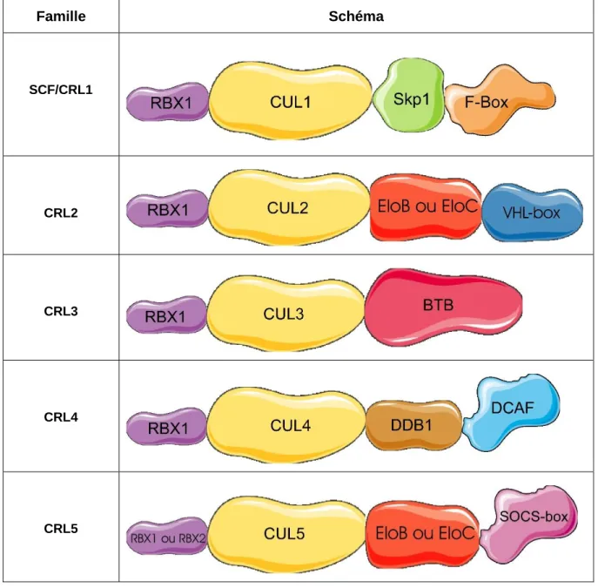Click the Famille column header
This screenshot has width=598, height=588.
click(x=61, y=17)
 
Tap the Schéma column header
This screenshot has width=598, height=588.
click(x=356, y=17)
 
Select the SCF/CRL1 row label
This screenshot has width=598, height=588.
click(x=61, y=90)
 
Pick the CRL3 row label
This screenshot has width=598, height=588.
click(x=61, y=311)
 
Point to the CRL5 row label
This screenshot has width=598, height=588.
click(x=61, y=529)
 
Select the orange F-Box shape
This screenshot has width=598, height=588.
click(x=499, y=100)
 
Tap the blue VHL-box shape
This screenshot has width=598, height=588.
click(x=533, y=213)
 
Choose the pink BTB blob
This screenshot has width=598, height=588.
click(x=442, y=307)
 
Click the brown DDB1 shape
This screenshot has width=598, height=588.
click(x=413, y=425)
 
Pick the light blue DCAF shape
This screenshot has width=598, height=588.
click(x=512, y=412)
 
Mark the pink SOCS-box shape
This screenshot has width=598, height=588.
click(x=530, y=524)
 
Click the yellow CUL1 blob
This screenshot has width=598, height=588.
click(x=290, y=101)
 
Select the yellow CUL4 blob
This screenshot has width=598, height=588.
click(x=286, y=425)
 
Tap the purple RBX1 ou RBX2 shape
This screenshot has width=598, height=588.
click(x=167, y=536)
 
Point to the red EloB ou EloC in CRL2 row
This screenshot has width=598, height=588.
click(x=426, y=207)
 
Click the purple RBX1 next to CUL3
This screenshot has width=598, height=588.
click(x=166, y=315)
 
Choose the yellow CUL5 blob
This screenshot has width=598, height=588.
click(x=286, y=534)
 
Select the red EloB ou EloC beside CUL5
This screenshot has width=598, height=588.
click(x=423, y=535)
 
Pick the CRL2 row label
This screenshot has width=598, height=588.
click(x=61, y=213)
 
